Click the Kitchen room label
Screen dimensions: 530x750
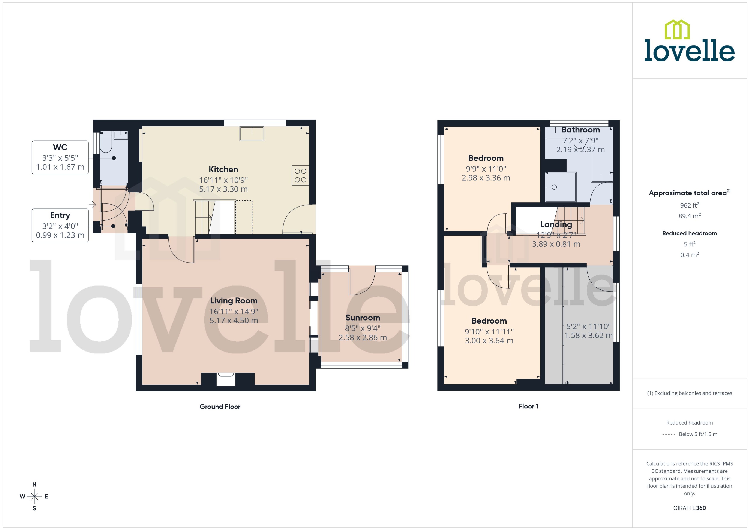[x=223, y=169]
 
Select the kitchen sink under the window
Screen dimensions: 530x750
[x=252, y=134]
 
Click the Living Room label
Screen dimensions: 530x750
[x=234, y=301]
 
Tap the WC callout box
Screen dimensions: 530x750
[x=60, y=157]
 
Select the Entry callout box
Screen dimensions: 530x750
[x=60, y=225]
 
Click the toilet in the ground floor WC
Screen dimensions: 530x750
[x=106, y=144]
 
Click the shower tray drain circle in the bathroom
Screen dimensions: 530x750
[x=554, y=187]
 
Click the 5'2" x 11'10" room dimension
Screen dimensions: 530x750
[x=588, y=326]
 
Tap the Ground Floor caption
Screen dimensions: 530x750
[x=220, y=407]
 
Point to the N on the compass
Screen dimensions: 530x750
[x=34, y=485]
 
